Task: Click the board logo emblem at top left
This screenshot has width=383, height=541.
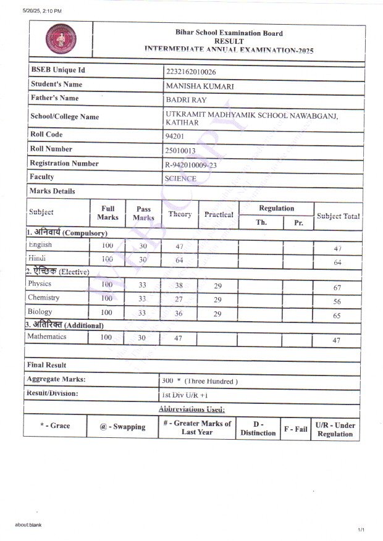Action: click(61, 40)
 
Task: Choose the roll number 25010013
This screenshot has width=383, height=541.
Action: click(180, 150)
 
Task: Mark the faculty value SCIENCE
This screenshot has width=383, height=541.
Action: click(180, 178)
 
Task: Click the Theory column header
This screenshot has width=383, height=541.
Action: click(180, 214)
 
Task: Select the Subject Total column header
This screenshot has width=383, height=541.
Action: click(338, 216)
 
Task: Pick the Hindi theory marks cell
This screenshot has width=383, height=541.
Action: click(180, 260)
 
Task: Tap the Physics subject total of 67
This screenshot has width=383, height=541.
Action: click(337, 288)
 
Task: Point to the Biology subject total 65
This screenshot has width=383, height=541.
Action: click(337, 315)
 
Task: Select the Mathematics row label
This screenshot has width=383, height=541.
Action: click(47, 337)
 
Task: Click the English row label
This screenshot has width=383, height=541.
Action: click(40, 245)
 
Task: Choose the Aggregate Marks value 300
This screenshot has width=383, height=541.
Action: click(167, 380)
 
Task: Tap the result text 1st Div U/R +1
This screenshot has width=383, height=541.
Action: click(185, 394)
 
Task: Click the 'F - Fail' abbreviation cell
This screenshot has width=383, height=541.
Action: click(295, 429)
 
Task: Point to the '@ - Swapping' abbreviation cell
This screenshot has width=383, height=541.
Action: click(122, 427)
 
